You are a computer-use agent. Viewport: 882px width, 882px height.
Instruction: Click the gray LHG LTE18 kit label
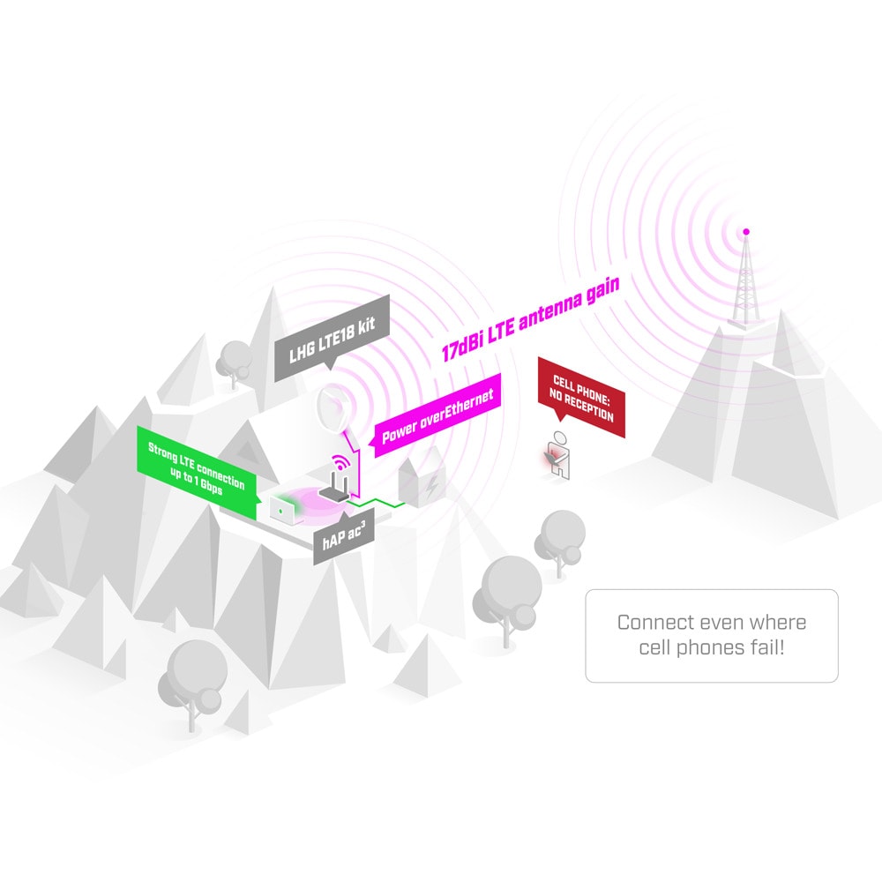click(x=332, y=338)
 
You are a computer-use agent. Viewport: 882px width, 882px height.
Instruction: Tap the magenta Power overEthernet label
click(x=437, y=415)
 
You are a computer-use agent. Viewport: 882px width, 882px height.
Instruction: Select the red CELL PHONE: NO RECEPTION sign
click(x=581, y=397)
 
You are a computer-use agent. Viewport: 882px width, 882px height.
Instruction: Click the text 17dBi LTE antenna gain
click(x=530, y=318)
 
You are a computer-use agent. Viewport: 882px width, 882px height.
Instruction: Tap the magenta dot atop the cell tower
click(x=746, y=232)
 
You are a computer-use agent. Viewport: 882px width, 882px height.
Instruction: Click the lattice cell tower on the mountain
click(x=744, y=281)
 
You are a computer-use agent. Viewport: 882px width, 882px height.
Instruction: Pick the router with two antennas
click(x=334, y=487)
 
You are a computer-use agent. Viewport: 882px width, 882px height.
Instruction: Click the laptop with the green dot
click(x=283, y=510)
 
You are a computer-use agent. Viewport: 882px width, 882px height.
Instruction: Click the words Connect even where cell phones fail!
click(x=712, y=634)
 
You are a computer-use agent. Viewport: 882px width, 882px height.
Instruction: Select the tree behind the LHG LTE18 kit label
click(x=234, y=363)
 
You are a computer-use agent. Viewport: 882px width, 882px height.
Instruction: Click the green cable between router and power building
click(x=376, y=503)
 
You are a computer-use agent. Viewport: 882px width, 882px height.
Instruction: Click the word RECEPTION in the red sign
click(x=588, y=408)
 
